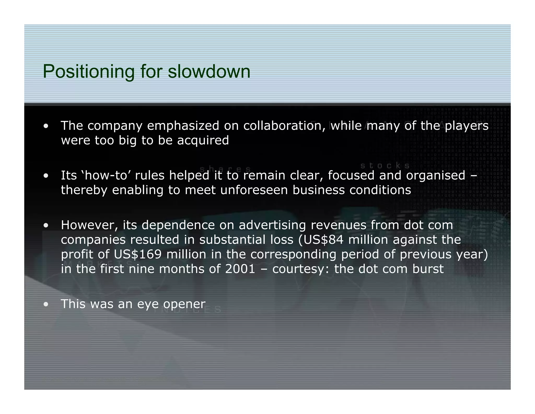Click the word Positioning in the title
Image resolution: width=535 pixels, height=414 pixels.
[88, 71]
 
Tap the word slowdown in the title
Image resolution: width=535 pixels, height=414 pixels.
[209, 71]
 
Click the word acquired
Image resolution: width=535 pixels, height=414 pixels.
[203, 141]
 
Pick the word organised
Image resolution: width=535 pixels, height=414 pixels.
[435, 175]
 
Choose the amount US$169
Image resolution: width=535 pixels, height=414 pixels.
[138, 254]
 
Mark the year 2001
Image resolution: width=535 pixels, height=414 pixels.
[240, 269]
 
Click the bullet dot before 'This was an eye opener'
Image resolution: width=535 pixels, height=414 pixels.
[46, 304]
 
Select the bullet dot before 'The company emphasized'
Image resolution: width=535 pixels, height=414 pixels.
[46, 126]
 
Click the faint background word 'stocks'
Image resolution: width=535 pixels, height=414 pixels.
[385, 166]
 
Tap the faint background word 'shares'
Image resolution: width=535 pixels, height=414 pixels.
[225, 169]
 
